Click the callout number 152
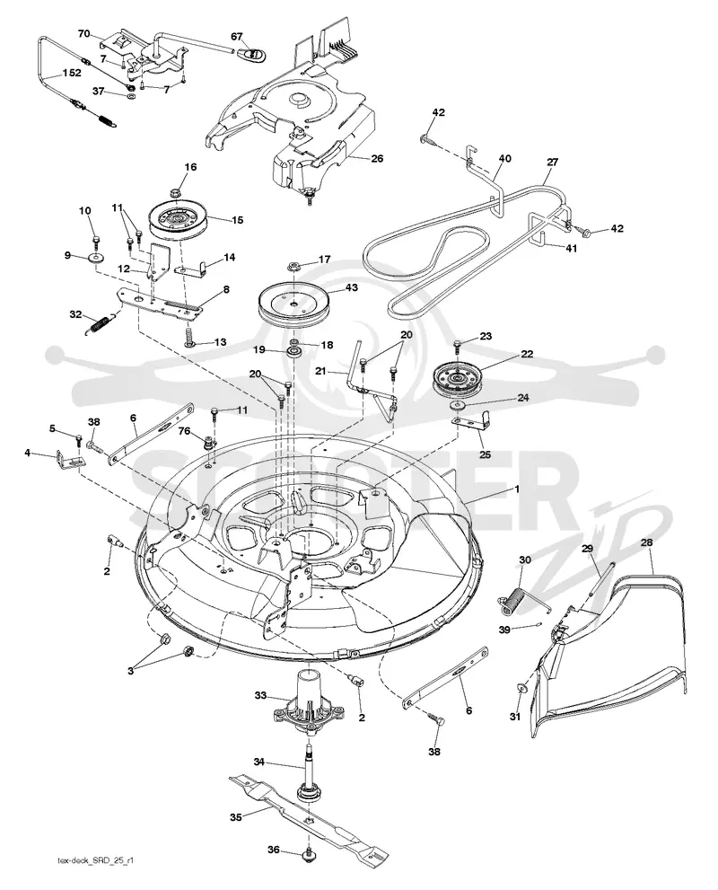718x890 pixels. (72, 73)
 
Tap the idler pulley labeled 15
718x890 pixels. (178, 221)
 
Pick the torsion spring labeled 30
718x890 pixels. (519, 599)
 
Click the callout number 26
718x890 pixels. (377, 158)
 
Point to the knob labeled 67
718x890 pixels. (252, 53)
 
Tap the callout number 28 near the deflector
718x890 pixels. (646, 542)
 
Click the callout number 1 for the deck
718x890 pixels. (517, 489)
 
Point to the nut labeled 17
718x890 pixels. (293, 265)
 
